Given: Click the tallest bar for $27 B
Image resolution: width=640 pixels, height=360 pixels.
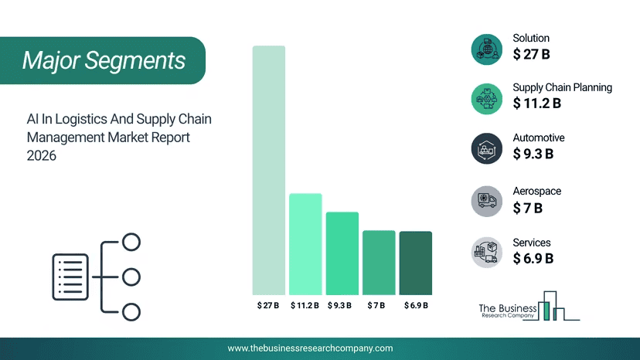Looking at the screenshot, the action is tap(268, 170).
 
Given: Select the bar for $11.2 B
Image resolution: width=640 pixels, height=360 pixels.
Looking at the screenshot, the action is tap(305, 244).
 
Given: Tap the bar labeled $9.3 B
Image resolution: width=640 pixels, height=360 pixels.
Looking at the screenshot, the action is tap(342, 253).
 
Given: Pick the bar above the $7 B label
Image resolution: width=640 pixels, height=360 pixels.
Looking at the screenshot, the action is tap(379, 263).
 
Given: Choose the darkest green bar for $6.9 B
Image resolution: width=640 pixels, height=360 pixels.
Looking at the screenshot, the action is tap(416, 263).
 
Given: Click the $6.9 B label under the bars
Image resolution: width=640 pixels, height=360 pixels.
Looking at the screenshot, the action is tap(416, 305).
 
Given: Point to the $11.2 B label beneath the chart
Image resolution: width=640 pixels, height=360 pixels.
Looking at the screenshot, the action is tap(305, 305).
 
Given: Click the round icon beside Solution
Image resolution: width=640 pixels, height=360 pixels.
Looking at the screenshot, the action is tap(486, 49).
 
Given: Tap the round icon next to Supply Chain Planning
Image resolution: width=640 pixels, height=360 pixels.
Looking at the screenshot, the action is tap(486, 99).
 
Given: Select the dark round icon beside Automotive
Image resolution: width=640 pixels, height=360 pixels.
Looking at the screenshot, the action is tap(486, 148).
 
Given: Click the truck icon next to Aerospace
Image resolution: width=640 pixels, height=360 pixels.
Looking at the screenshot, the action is tap(486, 201).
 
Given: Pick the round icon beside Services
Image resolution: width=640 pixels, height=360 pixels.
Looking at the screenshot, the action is tap(486, 253).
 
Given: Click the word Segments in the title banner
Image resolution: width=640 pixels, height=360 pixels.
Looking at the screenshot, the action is tap(135, 60).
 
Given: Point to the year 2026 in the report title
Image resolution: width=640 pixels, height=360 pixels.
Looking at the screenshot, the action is tap(41, 155).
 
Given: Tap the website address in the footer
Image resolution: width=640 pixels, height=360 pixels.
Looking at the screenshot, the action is tap(310, 348).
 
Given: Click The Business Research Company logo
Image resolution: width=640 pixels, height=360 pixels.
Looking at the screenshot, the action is tap(529, 306).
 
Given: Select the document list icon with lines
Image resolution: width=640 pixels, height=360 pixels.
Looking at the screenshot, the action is tap(70, 277).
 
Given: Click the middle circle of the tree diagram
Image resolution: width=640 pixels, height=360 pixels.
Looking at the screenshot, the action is tap(131, 277).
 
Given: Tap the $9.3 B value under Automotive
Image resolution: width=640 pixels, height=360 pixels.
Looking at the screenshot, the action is tap(533, 154).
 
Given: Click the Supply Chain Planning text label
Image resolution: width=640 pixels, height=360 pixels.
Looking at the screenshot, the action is tap(563, 88).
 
